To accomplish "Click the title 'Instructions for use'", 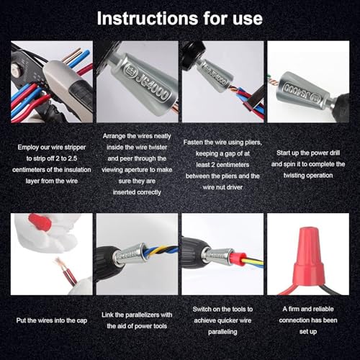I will (x=179, y=17).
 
